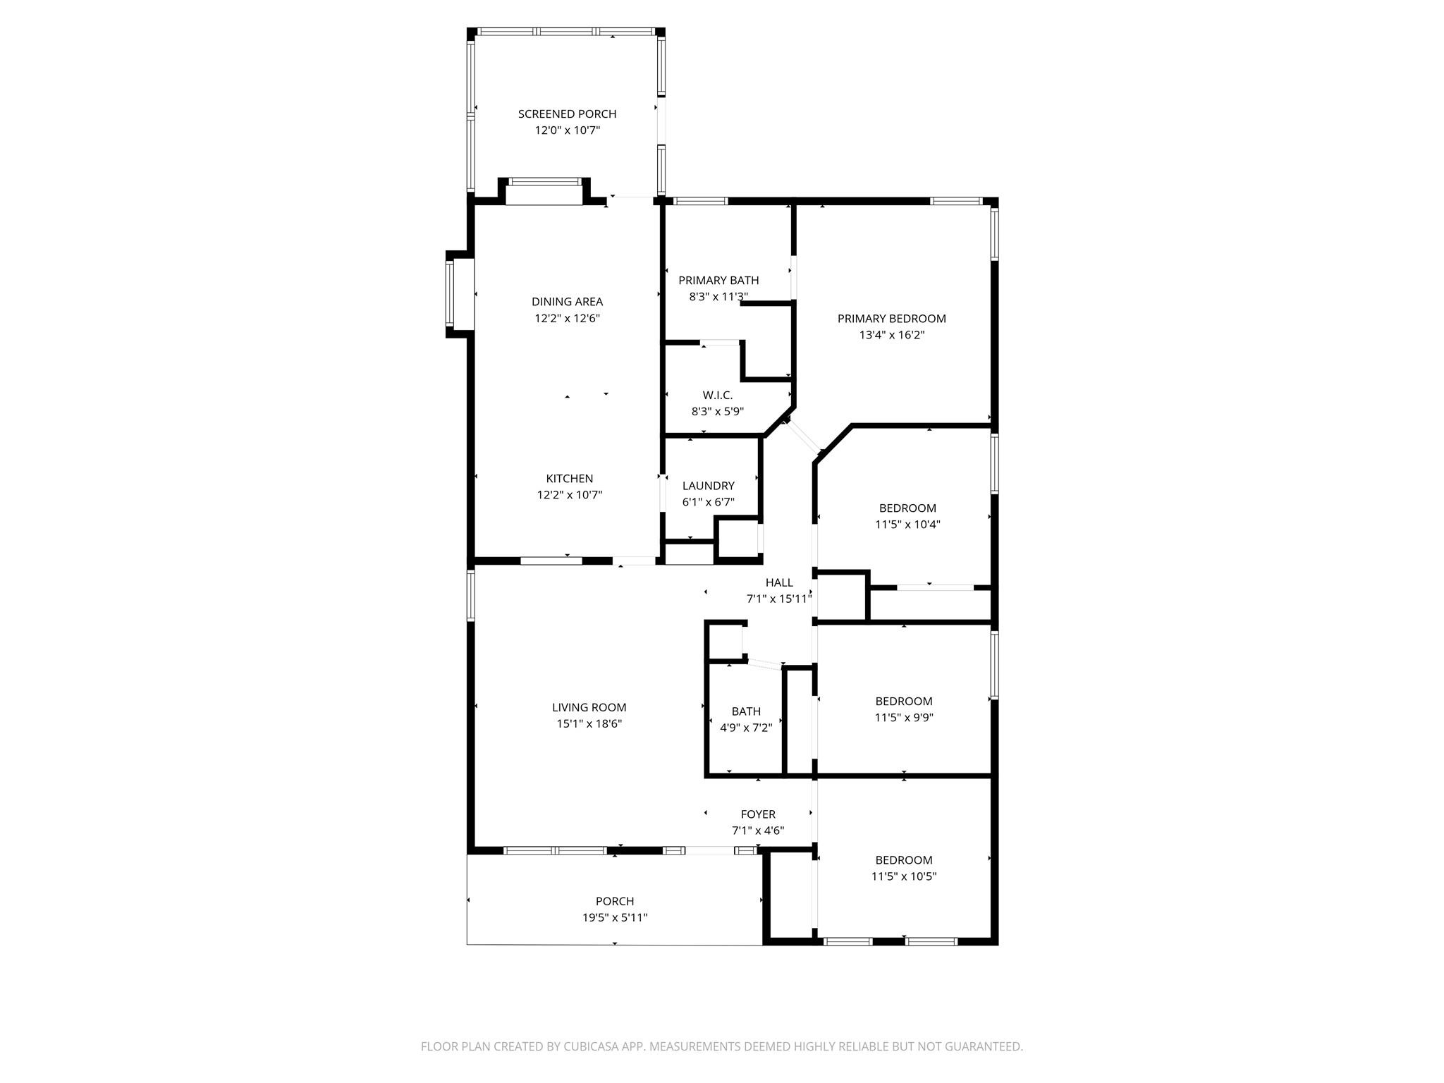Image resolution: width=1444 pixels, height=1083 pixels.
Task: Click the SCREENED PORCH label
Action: (x=567, y=114)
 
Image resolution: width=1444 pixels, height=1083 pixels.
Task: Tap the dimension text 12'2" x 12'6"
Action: (x=567, y=318)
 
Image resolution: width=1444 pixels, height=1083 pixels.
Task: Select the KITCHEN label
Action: (x=569, y=478)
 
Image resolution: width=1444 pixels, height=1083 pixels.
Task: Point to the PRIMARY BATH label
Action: (x=718, y=280)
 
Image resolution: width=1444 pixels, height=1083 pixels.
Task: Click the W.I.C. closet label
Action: (x=717, y=395)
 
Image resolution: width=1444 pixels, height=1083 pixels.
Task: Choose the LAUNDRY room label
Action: (x=708, y=486)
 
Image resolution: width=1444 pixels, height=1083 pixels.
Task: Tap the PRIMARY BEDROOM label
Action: (x=891, y=319)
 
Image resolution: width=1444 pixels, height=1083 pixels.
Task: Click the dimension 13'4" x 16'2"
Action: (x=891, y=335)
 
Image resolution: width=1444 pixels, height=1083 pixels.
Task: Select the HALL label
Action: (x=779, y=582)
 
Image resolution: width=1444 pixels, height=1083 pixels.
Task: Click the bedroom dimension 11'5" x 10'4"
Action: (x=907, y=525)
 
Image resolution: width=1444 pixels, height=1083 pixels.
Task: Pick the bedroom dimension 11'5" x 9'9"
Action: (x=904, y=718)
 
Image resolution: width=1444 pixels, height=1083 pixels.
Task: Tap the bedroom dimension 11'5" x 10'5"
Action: (x=904, y=876)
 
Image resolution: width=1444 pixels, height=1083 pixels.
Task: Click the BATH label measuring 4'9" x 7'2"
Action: (x=746, y=711)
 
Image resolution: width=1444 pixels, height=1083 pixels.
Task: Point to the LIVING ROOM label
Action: (x=589, y=707)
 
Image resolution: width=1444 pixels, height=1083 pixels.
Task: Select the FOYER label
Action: (x=758, y=814)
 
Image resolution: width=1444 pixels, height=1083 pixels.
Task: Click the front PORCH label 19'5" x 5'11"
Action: (x=615, y=901)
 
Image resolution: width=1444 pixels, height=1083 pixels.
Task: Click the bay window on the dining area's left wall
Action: (x=450, y=294)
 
